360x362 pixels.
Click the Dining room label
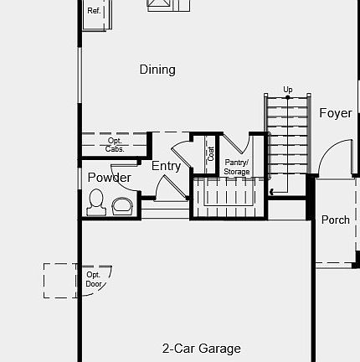pyautogui.click(x=157, y=70)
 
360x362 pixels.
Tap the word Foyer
pyautogui.click(x=335, y=113)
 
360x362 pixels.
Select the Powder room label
pyautogui.click(x=109, y=178)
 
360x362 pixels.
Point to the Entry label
pyautogui.click(x=166, y=166)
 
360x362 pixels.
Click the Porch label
pyautogui.click(x=336, y=220)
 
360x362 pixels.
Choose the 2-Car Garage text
pyautogui.click(x=202, y=349)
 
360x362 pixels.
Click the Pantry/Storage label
pyautogui.click(x=237, y=167)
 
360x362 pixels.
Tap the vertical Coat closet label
pyautogui.click(x=211, y=154)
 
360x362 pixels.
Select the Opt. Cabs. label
pyautogui.click(x=115, y=144)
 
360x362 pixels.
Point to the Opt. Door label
pyautogui.click(x=94, y=279)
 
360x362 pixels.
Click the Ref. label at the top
pyautogui.click(x=94, y=12)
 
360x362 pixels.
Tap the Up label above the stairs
pyautogui.click(x=288, y=90)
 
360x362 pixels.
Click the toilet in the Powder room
pyautogui.click(x=96, y=202)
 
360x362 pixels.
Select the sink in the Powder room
pyautogui.click(x=122, y=204)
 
